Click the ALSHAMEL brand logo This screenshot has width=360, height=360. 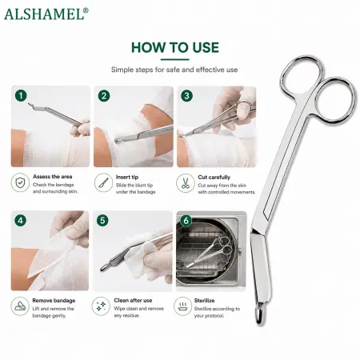click(x=46, y=14)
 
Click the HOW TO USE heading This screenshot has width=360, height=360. click(x=175, y=48)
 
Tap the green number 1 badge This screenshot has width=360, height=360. click(x=21, y=95)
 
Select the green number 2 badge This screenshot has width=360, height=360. click(x=104, y=96)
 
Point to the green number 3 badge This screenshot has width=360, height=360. click(x=186, y=96)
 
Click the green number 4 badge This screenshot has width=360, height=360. click(x=21, y=221)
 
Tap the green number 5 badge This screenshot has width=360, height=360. click(x=102, y=221)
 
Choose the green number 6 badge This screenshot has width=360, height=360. click(x=186, y=221)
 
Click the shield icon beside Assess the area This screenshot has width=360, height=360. click(x=20, y=182)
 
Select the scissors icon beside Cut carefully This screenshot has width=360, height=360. click(x=186, y=183)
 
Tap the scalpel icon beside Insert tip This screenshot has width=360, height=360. click(x=103, y=182)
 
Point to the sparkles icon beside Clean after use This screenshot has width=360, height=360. click(x=101, y=306)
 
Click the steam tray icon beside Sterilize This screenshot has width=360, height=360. click(x=182, y=306)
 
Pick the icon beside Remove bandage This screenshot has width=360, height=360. click(x=20, y=306)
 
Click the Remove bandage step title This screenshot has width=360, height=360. click(x=54, y=301)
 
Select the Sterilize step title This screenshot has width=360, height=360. click(x=204, y=301)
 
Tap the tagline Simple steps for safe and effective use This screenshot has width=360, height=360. click(x=174, y=70)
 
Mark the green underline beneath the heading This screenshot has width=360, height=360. click(x=175, y=60)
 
